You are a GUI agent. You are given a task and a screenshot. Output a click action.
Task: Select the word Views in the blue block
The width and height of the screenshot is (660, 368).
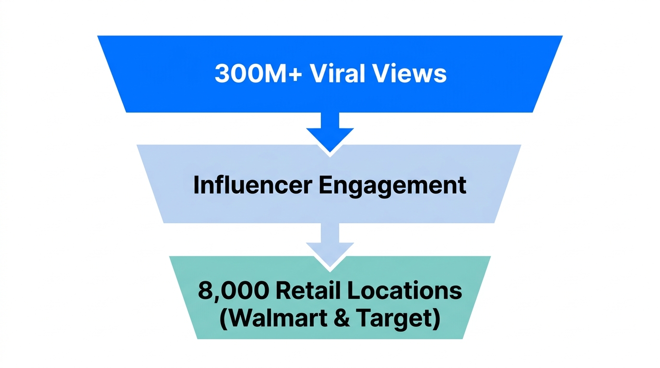(412, 74)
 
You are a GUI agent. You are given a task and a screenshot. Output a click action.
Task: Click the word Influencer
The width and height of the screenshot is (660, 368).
(252, 185)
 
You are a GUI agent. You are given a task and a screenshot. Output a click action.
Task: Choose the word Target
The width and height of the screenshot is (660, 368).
(400, 318)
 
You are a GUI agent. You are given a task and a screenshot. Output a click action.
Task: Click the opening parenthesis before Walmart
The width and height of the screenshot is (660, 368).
(224, 319)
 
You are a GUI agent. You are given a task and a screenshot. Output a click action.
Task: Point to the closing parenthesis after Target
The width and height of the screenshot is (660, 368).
(436, 319)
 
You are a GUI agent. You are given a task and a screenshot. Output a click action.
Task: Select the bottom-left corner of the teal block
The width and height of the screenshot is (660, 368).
(198, 338)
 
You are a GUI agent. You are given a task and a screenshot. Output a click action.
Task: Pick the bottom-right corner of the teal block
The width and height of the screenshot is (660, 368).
(462, 338)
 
